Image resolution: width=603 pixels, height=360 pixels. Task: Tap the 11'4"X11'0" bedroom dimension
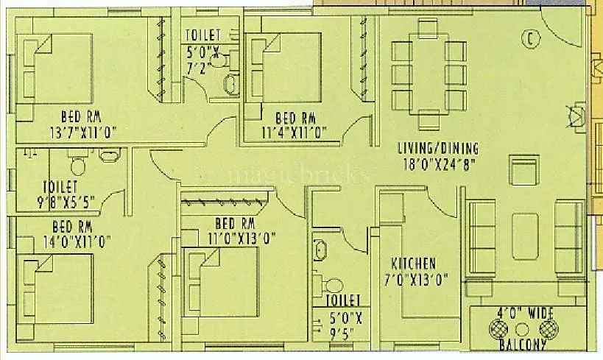pyautogui.click(x=294, y=133)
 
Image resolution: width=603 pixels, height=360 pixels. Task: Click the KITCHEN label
pyautogui.click(x=414, y=264)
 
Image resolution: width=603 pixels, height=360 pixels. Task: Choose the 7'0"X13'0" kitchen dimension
pyautogui.click(x=415, y=279)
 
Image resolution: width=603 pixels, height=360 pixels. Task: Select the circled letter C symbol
pyautogui.click(x=528, y=38)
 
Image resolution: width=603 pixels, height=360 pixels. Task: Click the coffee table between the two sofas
pyautogui.click(x=524, y=235)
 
